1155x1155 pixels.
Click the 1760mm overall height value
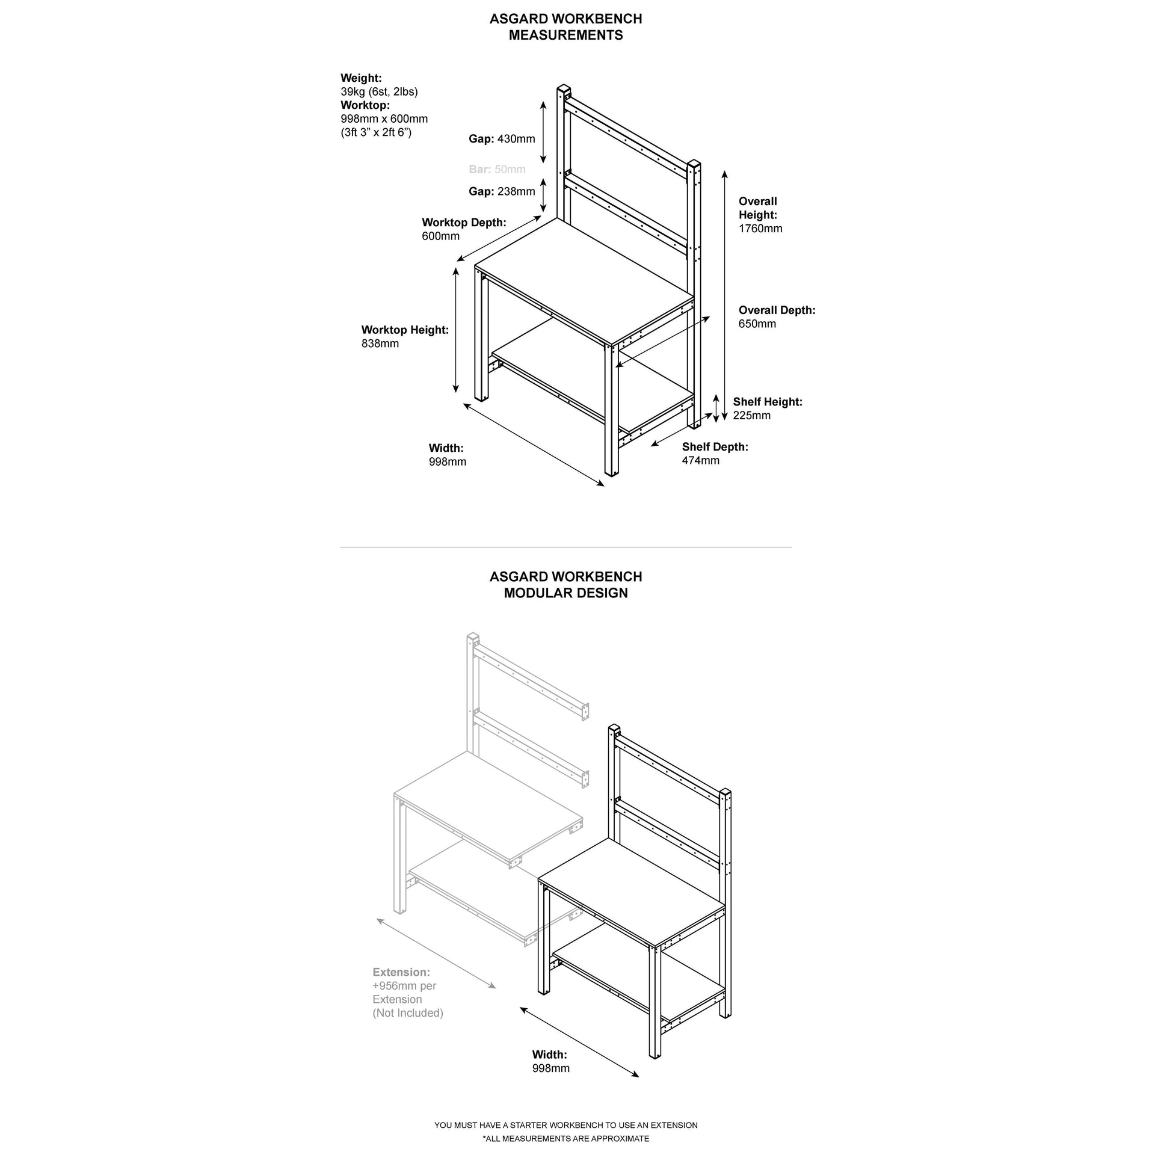point(760,229)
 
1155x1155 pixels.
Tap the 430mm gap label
point(502,139)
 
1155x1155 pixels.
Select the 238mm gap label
point(502,191)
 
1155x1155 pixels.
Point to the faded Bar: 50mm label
point(497,170)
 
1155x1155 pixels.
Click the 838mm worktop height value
point(380,343)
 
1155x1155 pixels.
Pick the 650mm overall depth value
point(757,324)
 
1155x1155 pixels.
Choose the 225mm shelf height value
point(751,415)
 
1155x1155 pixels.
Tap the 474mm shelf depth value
point(701,460)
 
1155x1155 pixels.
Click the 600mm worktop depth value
point(440,236)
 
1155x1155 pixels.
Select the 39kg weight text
point(379,91)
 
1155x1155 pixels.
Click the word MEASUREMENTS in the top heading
point(565,35)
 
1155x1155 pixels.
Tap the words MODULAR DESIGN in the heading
point(565,593)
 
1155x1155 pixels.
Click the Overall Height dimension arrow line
point(725,295)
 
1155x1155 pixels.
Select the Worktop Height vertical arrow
point(456,330)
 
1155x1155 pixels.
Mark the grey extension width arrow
point(436,952)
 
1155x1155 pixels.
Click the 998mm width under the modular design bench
point(550,1068)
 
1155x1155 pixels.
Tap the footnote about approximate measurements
point(565,1138)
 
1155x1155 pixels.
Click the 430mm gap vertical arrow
point(543,132)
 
